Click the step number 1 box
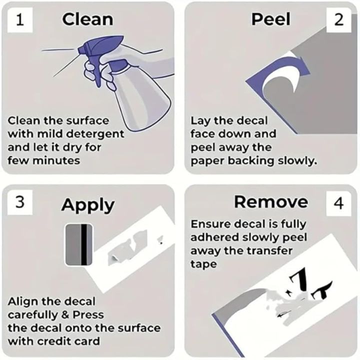[x=20, y=19]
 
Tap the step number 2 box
[x=338, y=19]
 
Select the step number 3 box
[x=20, y=202]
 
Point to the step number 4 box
[x=338, y=203]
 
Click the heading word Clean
[x=87, y=19]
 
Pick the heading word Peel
[x=271, y=19]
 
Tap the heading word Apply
[x=88, y=205]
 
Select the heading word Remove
[x=271, y=202]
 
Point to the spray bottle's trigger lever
[x=97, y=73]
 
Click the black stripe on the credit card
[x=84, y=244]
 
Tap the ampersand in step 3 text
[x=65, y=315]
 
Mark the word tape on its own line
[x=203, y=264]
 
